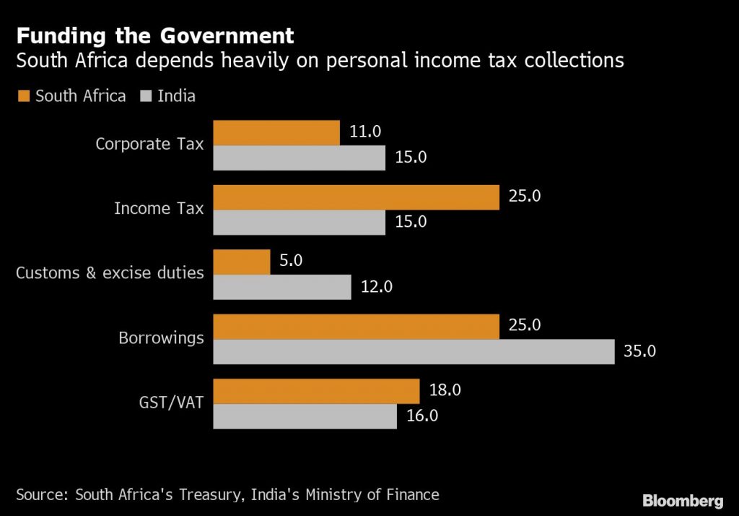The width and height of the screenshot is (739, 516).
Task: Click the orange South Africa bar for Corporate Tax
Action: tap(276, 133)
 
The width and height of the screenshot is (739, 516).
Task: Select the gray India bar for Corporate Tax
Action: tap(299, 158)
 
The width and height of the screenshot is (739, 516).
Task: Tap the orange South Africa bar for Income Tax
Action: tap(357, 197)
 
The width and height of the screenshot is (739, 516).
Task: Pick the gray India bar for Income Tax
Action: tap(299, 223)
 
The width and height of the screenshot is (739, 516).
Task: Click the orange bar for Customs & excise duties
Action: tap(242, 262)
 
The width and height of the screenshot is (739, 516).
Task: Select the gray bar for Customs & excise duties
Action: tap(282, 287)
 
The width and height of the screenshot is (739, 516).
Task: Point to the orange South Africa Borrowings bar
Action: tap(357, 327)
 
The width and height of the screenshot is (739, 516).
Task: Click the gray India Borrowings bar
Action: tap(414, 352)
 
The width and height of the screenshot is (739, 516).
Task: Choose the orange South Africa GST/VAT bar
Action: tap(316, 391)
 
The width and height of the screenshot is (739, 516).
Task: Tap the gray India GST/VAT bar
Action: tap(305, 416)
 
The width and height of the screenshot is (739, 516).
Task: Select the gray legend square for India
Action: tap(144, 96)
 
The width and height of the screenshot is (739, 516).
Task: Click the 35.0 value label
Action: tap(639, 352)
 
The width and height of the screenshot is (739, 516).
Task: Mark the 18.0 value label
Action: tap(445, 390)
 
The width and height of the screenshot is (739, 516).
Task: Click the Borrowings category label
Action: tap(161, 338)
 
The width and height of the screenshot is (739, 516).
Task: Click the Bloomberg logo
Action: tap(682, 500)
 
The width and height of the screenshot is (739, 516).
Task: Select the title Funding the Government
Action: tap(155, 35)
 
